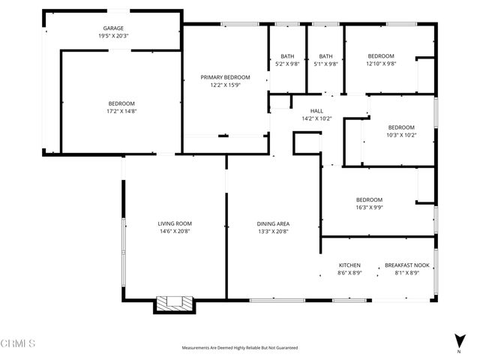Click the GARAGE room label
coord(113,28)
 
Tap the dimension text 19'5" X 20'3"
coord(113,35)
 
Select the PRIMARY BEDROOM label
coord(225,77)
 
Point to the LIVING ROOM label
coord(174,223)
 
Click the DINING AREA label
coord(273,223)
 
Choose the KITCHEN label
coord(349,265)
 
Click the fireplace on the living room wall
coord(174,304)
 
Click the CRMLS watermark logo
coord(18,343)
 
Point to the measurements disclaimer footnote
coord(240,348)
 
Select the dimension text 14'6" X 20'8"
coord(174,232)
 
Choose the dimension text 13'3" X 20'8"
coord(273,232)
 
